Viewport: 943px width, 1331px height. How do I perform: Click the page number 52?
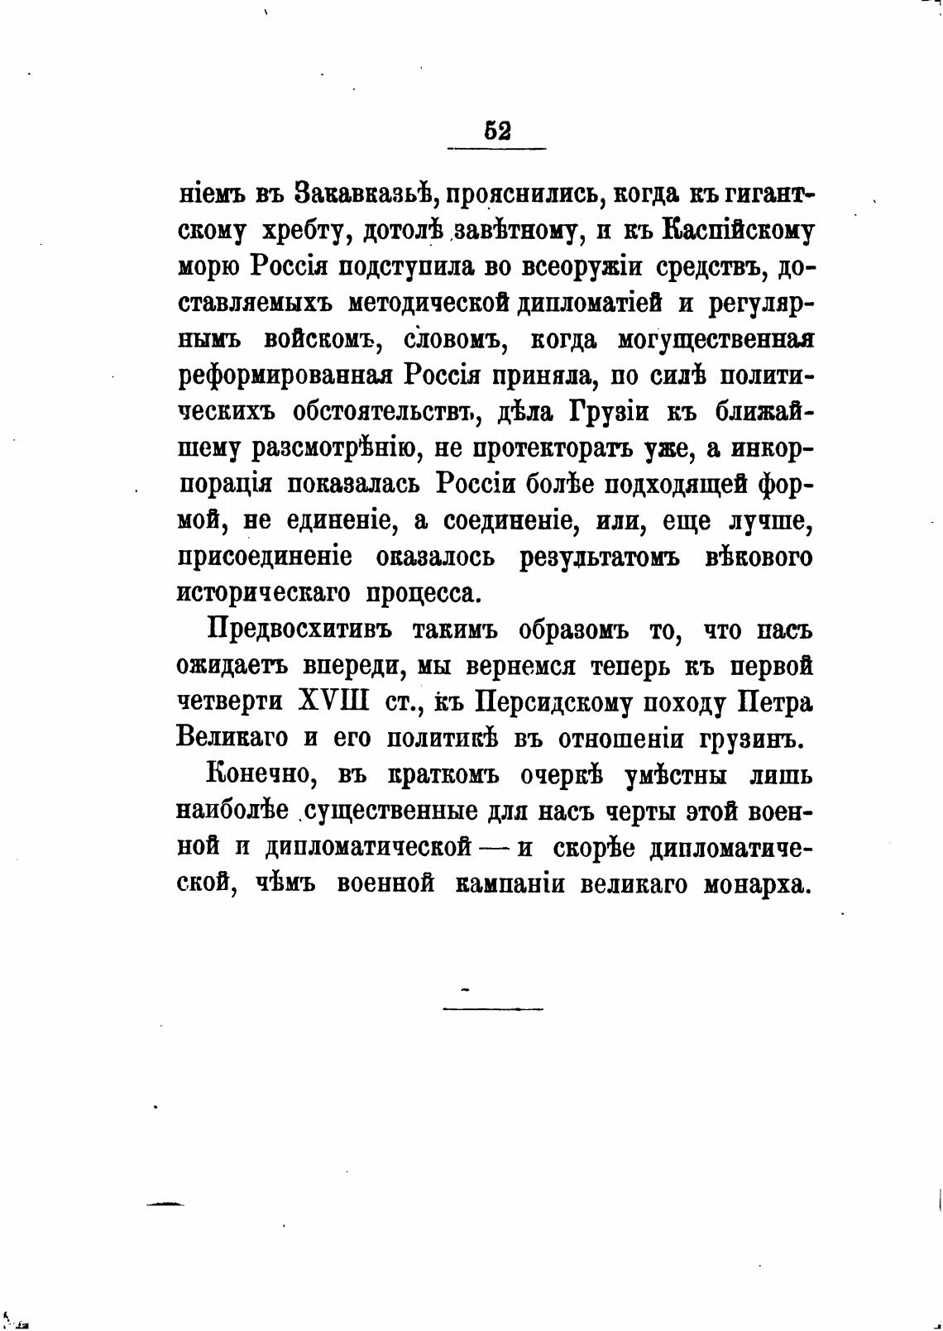(x=497, y=131)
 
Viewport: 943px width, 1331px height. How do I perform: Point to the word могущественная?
(x=716, y=339)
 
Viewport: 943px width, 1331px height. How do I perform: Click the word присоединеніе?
(x=264, y=557)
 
